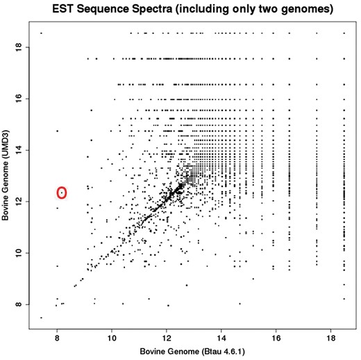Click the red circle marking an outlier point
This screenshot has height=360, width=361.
coord(61,193)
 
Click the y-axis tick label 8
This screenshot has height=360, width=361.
coord(20,304)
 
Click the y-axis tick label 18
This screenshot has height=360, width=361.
coord(20,47)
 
